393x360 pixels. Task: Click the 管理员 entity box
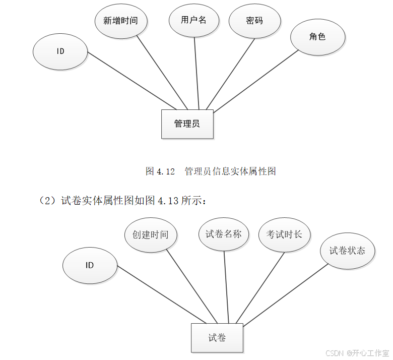coord(187,124)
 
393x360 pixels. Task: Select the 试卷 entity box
coord(217,338)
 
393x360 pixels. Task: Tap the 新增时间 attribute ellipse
coord(120,21)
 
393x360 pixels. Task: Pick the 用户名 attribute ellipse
coord(194,20)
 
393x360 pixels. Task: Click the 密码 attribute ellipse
coord(254,21)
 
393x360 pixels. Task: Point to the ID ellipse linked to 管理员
coord(60,51)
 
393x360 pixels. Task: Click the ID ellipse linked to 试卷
coord(90,265)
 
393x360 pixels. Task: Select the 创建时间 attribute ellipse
coord(150,234)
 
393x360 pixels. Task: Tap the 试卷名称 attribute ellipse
coord(224,234)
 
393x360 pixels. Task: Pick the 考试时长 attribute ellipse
coord(284,234)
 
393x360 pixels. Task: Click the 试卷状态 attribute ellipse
coord(347,251)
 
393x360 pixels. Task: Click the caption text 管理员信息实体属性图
coord(230,171)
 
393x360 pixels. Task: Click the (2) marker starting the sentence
coord(49,201)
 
